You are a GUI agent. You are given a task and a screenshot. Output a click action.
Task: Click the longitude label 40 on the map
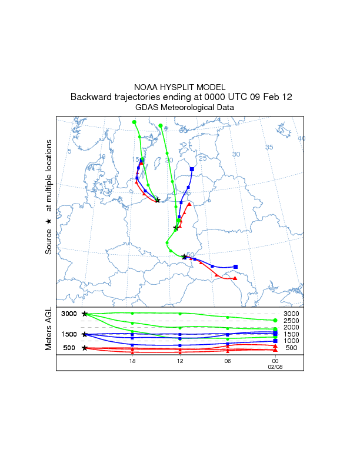point(302,138)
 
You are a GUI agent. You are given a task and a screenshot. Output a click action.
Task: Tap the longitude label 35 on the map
point(269,147)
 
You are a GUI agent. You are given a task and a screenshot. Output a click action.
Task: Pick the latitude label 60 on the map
point(183,130)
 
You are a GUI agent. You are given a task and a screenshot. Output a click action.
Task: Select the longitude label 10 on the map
point(102,157)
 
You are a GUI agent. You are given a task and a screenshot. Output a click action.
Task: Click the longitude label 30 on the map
point(236,154)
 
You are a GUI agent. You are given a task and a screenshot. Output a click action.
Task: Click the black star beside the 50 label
point(184,257)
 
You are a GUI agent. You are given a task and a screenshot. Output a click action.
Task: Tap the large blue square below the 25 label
point(192,169)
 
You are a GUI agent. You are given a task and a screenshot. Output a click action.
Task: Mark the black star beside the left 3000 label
point(85,314)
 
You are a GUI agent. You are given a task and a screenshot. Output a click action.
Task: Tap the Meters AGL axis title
point(49,328)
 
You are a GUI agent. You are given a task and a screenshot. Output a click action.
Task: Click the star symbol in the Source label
point(49,221)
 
